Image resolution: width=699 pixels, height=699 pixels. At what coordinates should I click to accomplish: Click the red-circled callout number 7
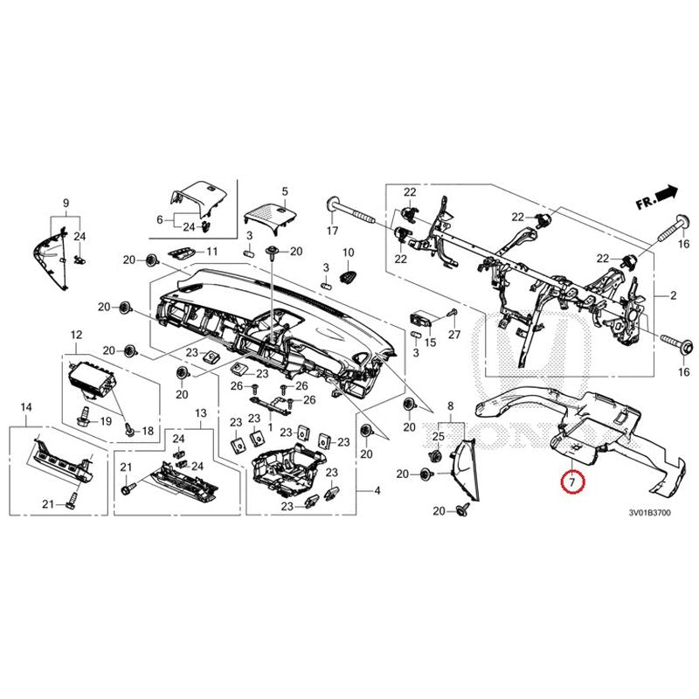(x=571, y=481)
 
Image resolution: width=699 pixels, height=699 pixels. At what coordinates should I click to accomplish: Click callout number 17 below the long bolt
(x=332, y=231)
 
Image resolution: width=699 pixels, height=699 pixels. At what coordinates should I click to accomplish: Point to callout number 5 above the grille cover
(x=284, y=190)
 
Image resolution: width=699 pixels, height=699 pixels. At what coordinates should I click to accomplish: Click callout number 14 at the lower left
(x=26, y=408)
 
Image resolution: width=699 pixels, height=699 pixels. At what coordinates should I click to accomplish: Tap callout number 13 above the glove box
(x=200, y=412)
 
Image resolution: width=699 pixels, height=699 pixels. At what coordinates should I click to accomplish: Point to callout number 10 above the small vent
(x=211, y=252)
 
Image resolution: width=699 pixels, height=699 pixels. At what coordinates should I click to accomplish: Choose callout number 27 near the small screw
(x=453, y=336)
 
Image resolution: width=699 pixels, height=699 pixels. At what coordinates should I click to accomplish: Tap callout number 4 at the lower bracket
(x=377, y=491)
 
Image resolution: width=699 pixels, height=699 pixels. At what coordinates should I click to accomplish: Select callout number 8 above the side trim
(x=450, y=407)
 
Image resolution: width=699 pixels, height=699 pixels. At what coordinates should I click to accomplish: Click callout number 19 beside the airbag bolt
(x=106, y=421)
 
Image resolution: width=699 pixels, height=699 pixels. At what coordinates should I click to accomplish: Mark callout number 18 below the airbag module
(x=147, y=431)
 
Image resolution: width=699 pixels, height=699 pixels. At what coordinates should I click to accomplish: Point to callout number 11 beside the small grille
(x=211, y=252)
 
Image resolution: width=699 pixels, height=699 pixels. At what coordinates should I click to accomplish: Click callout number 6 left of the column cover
(x=160, y=219)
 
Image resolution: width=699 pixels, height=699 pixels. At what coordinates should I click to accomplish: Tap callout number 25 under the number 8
(x=439, y=435)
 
